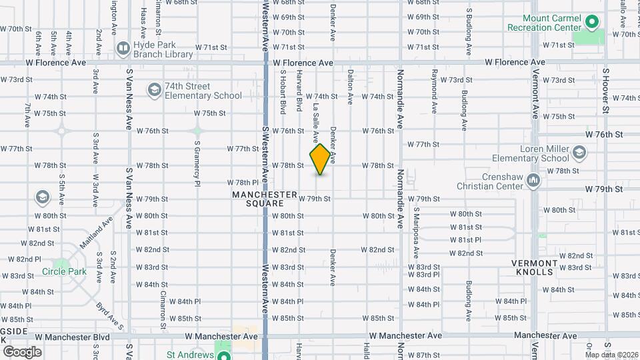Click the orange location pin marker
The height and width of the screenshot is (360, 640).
coord(321,159)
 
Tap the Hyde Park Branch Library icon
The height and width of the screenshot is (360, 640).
coord(123,47)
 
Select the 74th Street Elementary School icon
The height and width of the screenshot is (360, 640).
coord(155,90)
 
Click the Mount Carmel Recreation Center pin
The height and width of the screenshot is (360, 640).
coord(591,23)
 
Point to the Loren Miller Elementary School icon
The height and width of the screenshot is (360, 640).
coord(579,153)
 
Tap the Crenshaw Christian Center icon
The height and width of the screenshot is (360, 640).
coord(533,181)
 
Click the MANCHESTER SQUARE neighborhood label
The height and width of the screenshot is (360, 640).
coord(265,199)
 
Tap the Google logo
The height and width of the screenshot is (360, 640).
coord(22,351)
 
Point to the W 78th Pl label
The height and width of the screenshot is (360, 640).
coord(243,182)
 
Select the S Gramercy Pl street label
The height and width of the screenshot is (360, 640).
coord(197,162)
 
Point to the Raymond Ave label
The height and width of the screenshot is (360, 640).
coord(434,90)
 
